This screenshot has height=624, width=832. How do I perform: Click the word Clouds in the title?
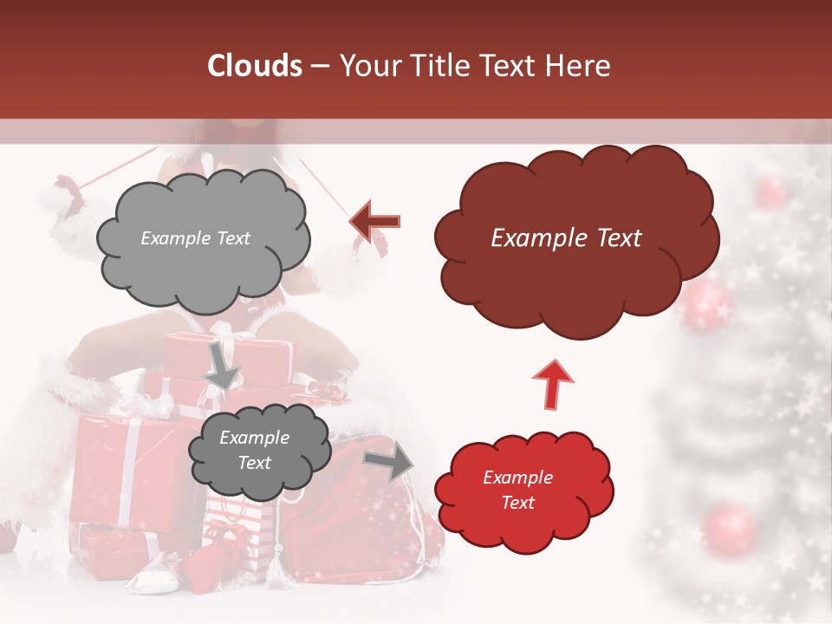tap(255, 66)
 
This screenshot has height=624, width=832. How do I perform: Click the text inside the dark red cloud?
tap(566, 238)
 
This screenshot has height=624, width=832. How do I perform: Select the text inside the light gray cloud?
tap(195, 238)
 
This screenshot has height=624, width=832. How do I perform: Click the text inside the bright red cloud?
tap(517, 490)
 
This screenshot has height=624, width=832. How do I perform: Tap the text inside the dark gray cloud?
tap(254, 451)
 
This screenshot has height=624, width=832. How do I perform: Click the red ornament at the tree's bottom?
tap(730, 528)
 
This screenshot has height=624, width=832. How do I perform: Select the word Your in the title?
tap(366, 66)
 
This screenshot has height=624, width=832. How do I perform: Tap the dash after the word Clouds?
tap(320, 66)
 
